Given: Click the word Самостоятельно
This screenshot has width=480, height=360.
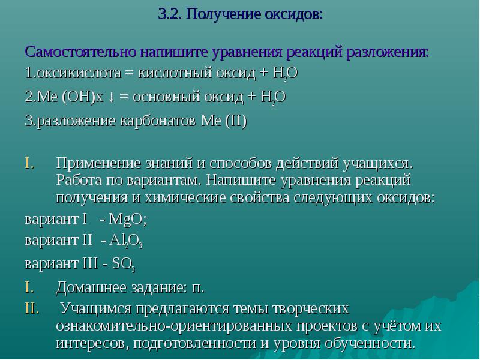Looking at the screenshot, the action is tap(81, 52).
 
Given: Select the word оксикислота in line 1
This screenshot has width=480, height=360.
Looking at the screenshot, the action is tap(79, 73).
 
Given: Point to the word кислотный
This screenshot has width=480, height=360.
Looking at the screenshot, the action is tap(175, 73).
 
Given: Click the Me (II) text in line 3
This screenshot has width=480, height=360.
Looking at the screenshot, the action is tap(223, 121).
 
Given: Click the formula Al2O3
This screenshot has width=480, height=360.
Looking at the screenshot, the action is tap(125, 241).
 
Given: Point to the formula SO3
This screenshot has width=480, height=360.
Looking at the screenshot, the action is tap(124, 264).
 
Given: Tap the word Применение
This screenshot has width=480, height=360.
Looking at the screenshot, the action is tap(98, 164).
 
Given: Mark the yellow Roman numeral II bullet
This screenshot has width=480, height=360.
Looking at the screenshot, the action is tap(32, 308).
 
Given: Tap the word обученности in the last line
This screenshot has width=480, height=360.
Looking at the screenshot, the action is tap(370, 343).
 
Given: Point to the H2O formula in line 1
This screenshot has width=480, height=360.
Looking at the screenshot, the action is tap(285, 74).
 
